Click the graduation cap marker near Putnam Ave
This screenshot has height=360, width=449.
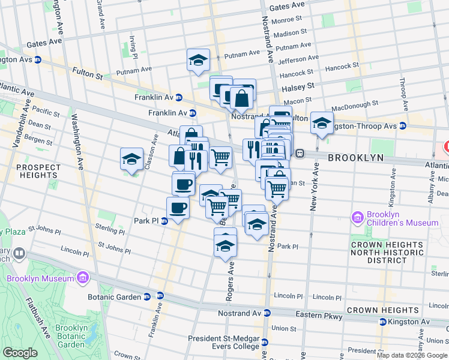[x=198, y=60]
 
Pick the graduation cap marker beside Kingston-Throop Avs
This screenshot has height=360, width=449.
[x=322, y=124]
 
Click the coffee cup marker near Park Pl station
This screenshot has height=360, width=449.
[x=178, y=208]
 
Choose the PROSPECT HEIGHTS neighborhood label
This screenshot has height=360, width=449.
[x=39, y=171]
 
